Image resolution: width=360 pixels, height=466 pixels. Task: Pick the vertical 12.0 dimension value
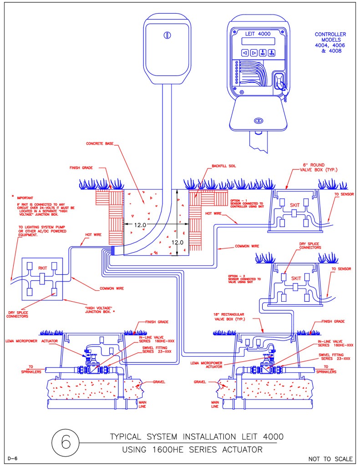(177, 242)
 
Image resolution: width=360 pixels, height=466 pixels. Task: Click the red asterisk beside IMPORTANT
(13, 197)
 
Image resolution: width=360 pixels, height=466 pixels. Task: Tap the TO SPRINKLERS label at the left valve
(31, 369)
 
